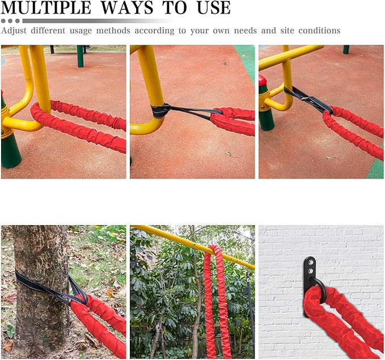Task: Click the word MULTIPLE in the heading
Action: click(46, 7)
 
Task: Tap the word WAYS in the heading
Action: click(128, 7)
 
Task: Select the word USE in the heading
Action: click(213, 7)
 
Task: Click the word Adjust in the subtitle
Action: click(14, 31)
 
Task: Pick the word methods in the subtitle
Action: click(113, 31)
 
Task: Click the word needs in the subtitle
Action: click(246, 31)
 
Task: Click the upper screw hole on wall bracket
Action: click(311, 262)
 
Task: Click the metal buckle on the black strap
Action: click(305, 99)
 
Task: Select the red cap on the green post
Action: click(262, 81)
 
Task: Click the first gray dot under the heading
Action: click(3, 21)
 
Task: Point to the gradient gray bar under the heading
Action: click(98, 21)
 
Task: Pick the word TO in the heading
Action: click(175, 7)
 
